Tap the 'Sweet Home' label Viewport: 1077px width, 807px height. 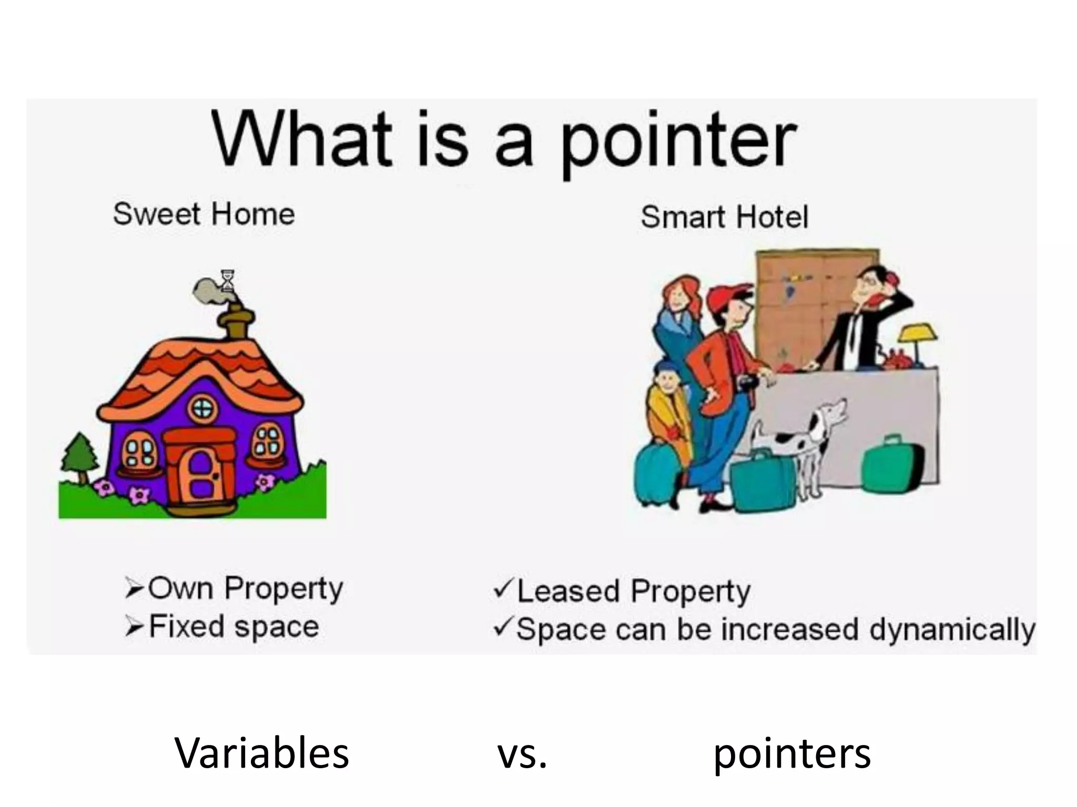[204, 214]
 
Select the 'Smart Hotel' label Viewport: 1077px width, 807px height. [724, 217]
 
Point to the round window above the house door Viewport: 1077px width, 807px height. [204, 410]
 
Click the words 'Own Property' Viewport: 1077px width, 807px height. [246, 588]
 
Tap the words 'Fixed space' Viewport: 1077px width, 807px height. [234, 626]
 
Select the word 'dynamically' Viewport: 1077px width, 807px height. [952, 630]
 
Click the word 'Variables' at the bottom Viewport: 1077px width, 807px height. [261, 753]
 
